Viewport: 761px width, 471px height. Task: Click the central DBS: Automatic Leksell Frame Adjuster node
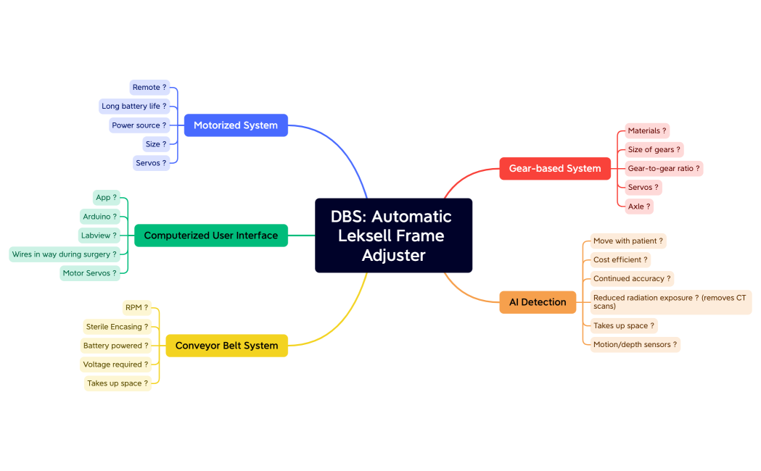coord(393,236)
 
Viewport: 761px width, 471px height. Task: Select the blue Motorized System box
coord(236,125)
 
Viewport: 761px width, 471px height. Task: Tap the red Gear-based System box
coord(555,168)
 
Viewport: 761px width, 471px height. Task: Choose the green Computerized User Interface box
coord(211,236)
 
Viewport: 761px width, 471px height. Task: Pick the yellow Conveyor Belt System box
coord(226,346)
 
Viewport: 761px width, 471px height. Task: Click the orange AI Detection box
coord(538,302)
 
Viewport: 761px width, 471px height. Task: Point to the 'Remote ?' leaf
coord(149,88)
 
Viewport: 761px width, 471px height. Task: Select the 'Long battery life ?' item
coord(134,107)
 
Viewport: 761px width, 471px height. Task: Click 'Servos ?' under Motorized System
coord(151,163)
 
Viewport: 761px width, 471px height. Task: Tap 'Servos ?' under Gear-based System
coord(643,188)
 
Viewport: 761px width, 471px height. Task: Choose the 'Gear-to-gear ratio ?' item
coord(664,169)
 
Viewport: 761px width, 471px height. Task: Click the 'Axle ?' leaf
coord(638,207)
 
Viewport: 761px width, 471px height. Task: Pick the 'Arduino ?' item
coord(99,217)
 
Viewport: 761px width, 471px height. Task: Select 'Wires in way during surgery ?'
coord(64,254)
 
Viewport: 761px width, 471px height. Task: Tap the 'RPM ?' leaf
coord(136,308)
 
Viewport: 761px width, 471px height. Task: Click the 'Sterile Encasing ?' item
coord(117,327)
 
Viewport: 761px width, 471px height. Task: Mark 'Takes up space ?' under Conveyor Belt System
coord(118,383)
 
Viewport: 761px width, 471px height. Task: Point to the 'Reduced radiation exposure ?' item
coord(670,302)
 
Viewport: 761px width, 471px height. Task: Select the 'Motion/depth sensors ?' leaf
coord(635,345)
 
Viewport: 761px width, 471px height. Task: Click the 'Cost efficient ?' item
coord(620,260)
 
